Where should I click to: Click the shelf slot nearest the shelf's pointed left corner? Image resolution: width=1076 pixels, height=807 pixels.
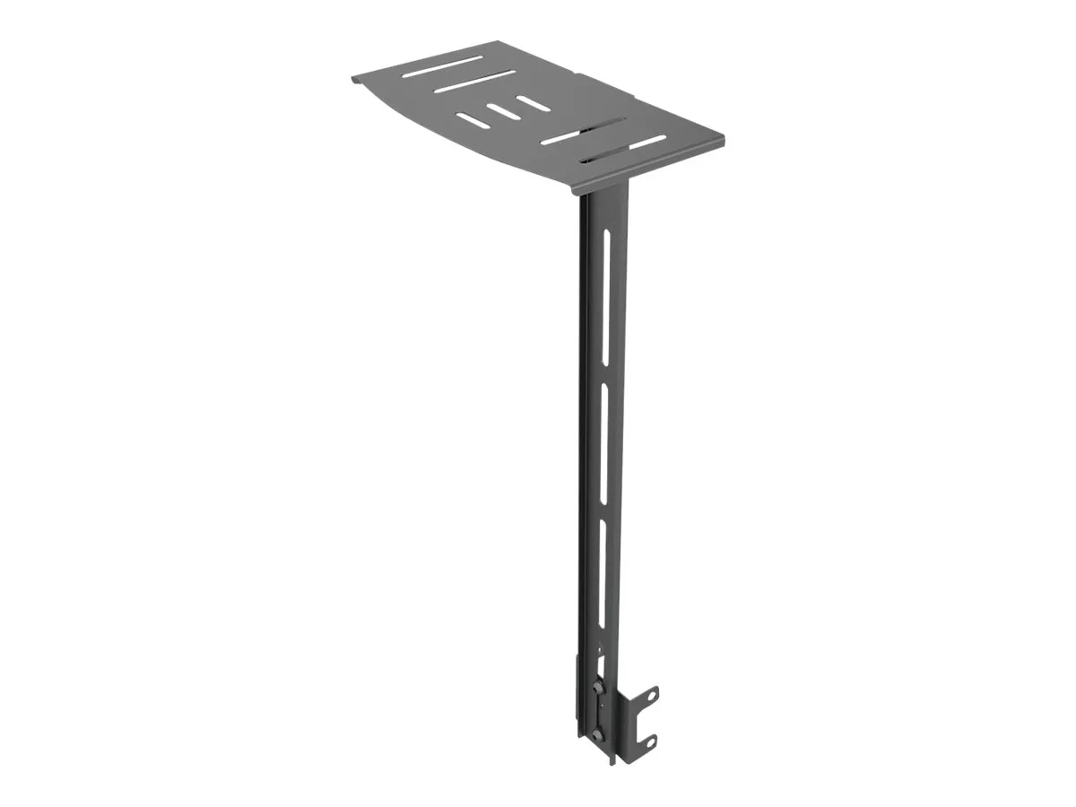coord(442,66)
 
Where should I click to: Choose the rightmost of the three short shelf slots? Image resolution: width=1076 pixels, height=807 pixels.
coord(534,103)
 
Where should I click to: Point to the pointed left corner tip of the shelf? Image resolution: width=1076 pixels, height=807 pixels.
coord(352,78)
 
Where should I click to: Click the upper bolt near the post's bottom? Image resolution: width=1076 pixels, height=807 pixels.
coord(597,690)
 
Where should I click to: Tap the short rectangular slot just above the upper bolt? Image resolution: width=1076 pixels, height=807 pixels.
coord(602,666)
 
